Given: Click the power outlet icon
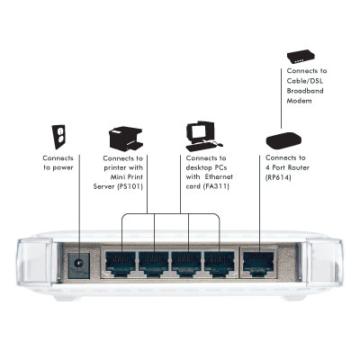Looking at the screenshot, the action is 58,137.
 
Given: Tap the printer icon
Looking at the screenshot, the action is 125,139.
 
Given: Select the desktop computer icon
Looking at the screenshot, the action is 204,137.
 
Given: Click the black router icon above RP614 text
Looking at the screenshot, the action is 283,140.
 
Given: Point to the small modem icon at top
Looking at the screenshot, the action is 301,57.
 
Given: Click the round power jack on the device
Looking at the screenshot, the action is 78,264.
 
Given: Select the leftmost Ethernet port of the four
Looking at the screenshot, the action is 121,264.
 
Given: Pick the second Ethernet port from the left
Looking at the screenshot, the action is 153,264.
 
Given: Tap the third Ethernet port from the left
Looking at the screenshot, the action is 186,264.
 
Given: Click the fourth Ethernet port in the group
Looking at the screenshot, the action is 219,264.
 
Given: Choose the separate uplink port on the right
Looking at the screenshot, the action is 258,264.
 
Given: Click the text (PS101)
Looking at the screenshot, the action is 130,186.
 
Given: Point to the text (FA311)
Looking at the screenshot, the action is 216,186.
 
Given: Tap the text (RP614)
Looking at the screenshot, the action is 278,177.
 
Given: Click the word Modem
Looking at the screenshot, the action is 299,101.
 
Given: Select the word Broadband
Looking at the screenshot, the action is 305,91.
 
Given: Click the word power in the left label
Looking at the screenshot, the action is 62,168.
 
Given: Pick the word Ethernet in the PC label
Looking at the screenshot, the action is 219,176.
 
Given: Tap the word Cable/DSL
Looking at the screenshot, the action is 305,81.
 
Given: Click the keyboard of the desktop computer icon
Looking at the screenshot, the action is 201,148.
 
